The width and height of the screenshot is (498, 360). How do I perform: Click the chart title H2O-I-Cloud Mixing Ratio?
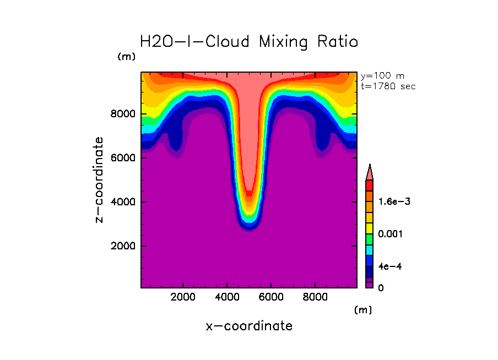[249, 42]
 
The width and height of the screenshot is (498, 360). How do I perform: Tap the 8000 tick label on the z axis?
[121, 114]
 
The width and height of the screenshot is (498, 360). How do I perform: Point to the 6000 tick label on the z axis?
[121, 158]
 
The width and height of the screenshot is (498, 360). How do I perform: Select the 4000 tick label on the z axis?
[121, 202]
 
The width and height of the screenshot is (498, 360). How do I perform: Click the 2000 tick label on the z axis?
[121, 246]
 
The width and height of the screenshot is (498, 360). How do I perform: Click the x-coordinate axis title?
[249, 326]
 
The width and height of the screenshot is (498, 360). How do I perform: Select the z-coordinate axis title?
[100, 180]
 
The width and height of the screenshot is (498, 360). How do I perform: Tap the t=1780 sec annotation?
[388, 86]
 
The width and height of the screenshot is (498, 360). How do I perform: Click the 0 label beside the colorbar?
[381, 287]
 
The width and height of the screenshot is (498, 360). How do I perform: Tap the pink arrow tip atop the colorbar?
[370, 171]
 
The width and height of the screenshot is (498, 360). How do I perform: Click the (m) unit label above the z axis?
[126, 57]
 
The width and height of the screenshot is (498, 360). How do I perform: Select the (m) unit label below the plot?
[363, 310]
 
